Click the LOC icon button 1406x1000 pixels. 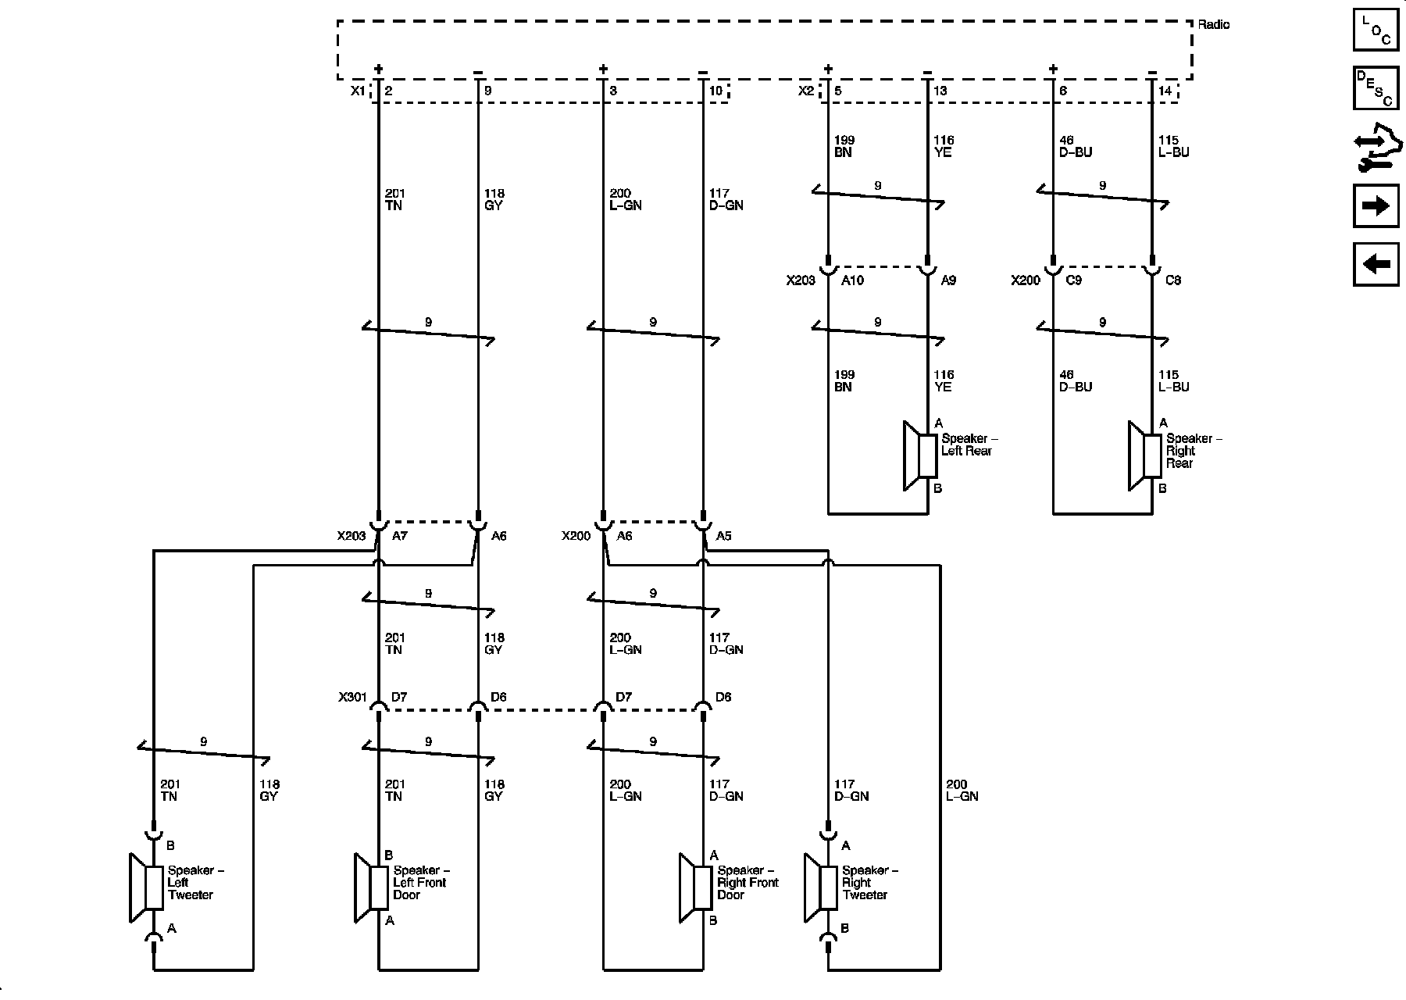click(1376, 30)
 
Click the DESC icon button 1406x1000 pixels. click(1376, 88)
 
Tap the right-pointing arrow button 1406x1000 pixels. click(1376, 205)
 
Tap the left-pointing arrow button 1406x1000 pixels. click(1376, 264)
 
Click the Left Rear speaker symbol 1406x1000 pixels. click(920, 456)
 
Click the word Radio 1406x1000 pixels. click(1213, 25)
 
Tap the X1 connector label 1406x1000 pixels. click(357, 91)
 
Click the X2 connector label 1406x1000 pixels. click(806, 91)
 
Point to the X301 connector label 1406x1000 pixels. click(352, 697)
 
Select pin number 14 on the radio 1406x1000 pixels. click(1165, 91)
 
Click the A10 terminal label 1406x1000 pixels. click(852, 280)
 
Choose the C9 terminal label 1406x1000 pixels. click(1074, 280)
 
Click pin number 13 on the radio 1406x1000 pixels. click(940, 91)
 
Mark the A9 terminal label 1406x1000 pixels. click(947, 280)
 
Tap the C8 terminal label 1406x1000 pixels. click(1172, 280)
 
